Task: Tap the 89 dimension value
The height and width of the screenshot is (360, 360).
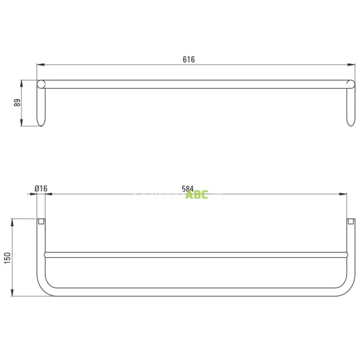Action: [x=17, y=103]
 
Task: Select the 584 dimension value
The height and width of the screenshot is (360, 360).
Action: [x=187, y=188]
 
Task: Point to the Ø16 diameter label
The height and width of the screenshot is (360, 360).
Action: [x=41, y=188]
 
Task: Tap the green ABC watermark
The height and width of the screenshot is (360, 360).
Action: [x=197, y=195]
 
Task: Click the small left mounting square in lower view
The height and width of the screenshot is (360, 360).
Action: [x=41, y=221]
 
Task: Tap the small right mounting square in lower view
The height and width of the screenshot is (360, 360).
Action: [x=350, y=221]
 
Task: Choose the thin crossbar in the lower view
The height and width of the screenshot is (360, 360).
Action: [x=196, y=255]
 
